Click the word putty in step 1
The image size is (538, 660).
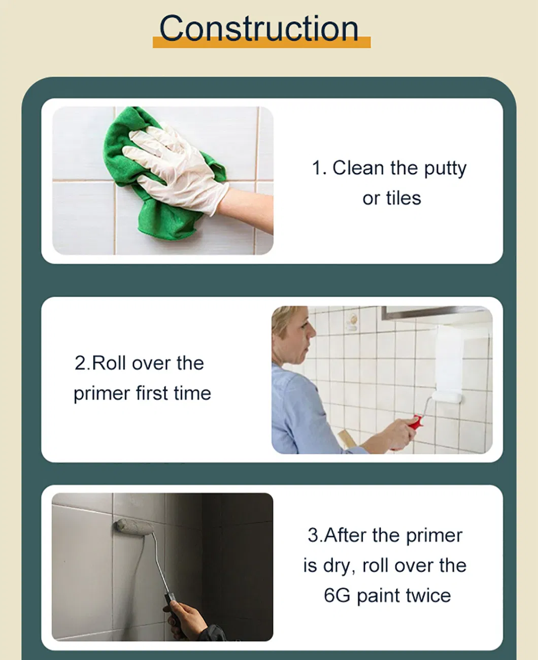445,169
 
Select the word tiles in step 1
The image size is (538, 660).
403,198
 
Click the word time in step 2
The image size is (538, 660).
192,393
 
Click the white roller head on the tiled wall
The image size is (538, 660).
447,398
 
